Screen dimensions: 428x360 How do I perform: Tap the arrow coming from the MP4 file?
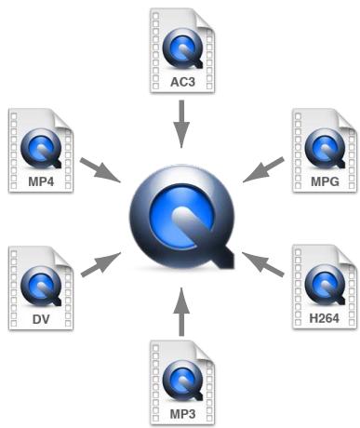(100, 169)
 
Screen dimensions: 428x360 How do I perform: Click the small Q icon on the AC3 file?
(180, 49)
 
